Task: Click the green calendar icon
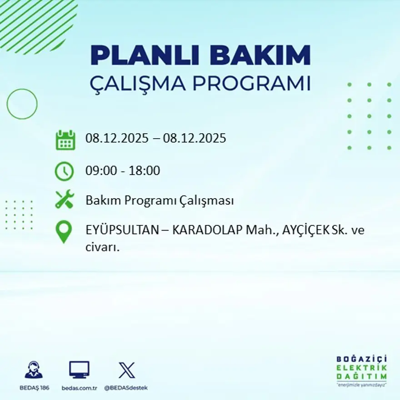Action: coord(65,140)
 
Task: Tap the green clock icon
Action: coord(64,171)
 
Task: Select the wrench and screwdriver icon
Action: coord(64,200)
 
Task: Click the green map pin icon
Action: coord(64,231)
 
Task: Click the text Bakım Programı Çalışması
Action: coord(160,200)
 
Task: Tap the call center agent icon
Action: coord(34,370)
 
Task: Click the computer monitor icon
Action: coord(79,370)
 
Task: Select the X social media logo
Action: coord(126,370)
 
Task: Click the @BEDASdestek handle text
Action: coord(126,388)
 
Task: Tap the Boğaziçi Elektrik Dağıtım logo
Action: coord(361,370)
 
